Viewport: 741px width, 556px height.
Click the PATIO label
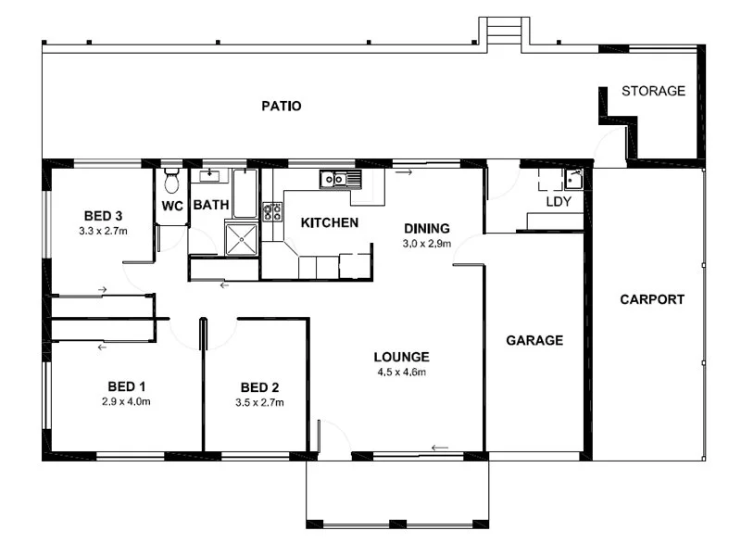coord(281,106)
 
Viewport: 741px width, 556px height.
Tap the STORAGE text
coord(653,91)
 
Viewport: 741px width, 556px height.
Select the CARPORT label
coord(652,299)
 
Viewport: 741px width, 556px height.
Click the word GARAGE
coord(534,340)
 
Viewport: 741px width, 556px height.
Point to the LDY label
coord(558,201)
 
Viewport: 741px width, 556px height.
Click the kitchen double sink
coord(333,179)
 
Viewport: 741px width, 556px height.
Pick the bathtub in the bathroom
coord(245,191)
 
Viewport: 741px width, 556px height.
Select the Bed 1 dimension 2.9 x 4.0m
coord(126,402)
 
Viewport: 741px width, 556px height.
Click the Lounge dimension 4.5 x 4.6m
coord(401,373)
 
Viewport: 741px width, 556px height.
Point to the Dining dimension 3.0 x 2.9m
coord(426,244)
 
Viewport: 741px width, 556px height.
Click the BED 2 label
coord(259,387)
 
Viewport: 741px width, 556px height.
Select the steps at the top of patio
coord(504,32)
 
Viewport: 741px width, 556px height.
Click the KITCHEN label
coord(329,222)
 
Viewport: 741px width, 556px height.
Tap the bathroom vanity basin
coord(210,174)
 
